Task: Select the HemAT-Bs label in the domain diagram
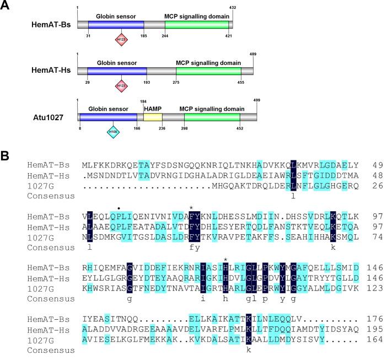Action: tap(48, 25)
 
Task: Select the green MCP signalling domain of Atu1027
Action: tap(212, 117)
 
